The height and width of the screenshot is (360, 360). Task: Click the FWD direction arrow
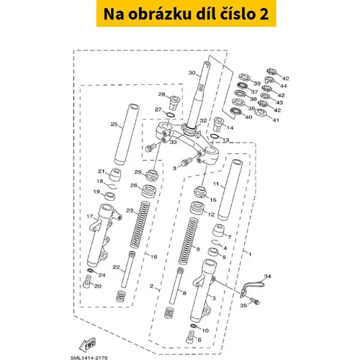pos(87,344)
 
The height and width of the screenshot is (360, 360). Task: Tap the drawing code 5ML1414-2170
pos(89,358)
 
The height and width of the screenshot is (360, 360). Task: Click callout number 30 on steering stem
pos(192,73)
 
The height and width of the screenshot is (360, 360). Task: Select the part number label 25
pos(114,125)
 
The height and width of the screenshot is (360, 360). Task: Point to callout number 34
pos(267,276)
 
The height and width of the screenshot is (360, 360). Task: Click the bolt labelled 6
pos(190,337)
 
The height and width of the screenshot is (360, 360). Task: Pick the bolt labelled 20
pos(87,282)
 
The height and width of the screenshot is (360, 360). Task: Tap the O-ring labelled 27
pos(170,115)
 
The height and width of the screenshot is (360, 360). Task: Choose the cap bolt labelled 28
pos(174,102)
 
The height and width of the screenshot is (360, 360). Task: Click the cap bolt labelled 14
pos(218,124)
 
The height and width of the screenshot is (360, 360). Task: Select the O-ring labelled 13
pos(215,136)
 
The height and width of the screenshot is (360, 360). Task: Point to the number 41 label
pos(276,120)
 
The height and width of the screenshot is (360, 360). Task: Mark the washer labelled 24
pos(90,271)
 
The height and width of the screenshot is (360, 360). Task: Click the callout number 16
pos(153,257)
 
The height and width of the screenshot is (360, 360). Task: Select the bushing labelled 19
pos(110,196)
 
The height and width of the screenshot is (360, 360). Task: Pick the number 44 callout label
pos(283,86)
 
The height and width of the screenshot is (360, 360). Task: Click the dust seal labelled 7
pos(218,230)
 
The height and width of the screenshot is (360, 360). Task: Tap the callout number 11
pos(216,184)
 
